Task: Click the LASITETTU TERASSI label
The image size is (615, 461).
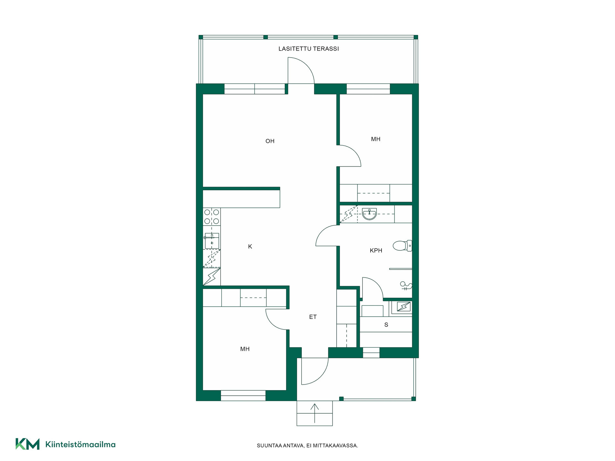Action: click(308, 49)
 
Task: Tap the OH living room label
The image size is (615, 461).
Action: click(270, 141)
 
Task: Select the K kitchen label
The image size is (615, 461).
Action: click(250, 246)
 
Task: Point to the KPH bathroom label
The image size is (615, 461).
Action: click(376, 250)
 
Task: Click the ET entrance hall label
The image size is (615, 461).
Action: click(313, 317)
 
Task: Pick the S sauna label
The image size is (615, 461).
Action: click(386, 325)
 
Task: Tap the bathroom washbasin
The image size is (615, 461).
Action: click(370, 214)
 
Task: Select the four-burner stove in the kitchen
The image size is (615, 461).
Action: click(212, 216)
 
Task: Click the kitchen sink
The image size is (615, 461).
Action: click(212, 241)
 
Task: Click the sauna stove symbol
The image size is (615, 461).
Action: click(404, 307)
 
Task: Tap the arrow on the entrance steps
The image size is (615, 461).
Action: click(315, 413)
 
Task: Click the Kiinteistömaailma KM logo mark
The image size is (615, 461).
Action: click(28, 444)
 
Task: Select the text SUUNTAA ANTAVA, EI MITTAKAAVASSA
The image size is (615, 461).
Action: click(307, 445)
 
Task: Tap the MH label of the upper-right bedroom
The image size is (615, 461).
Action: click(376, 139)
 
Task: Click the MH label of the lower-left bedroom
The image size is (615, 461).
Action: click(245, 349)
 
